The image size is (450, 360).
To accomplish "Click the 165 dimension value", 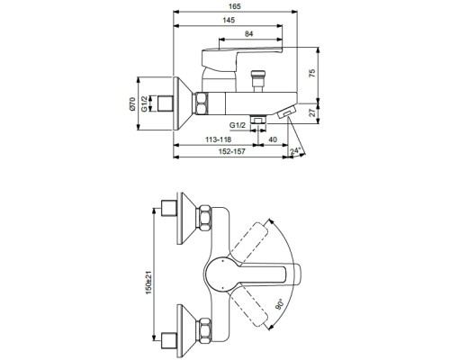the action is click(x=235, y=6).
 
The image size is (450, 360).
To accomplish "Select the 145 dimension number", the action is click(x=229, y=20).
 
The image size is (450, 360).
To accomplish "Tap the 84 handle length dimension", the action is click(x=248, y=33).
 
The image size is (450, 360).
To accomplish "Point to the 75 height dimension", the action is click(x=312, y=74).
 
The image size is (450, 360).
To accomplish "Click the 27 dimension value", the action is click(x=312, y=112).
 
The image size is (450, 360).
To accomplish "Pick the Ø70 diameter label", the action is click(x=132, y=103).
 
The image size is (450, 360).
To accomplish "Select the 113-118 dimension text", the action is click(x=218, y=139).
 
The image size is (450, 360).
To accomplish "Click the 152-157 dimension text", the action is click(x=231, y=151).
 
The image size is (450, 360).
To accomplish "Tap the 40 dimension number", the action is click(x=273, y=139).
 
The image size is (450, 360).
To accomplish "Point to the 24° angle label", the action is click(x=295, y=151).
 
